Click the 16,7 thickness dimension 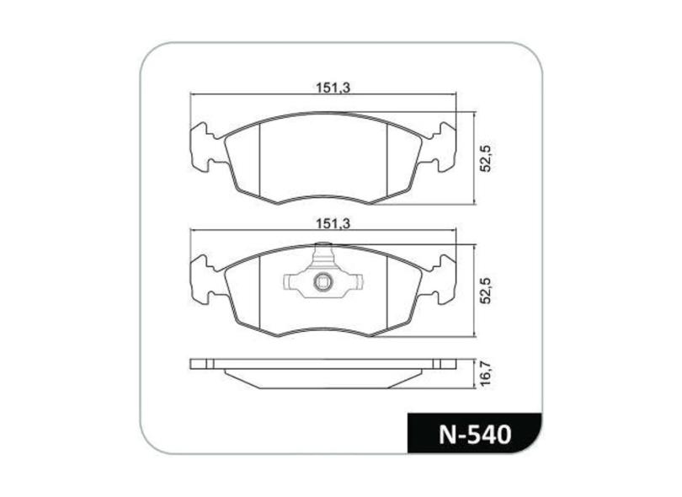point(486,373)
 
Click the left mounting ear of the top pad point(205,147)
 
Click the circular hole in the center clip point(322,283)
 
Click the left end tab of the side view point(203,365)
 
